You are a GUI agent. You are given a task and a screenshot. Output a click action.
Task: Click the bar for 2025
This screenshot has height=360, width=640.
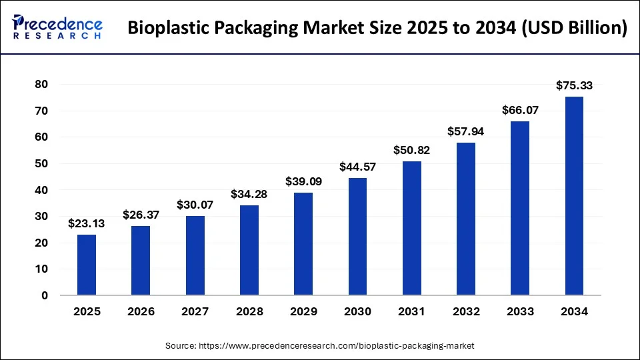(87, 265)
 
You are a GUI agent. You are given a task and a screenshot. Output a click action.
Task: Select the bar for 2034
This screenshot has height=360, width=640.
(574, 196)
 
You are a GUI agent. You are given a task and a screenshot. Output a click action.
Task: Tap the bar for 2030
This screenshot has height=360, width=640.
(357, 237)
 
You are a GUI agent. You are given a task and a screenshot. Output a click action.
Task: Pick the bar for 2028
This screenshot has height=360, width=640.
(249, 250)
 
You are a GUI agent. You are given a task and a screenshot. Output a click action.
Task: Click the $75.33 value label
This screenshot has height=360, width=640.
(574, 85)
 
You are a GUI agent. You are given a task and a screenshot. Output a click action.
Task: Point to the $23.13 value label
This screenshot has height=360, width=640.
(87, 223)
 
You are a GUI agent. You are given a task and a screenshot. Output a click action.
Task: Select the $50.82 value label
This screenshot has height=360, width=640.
(411, 150)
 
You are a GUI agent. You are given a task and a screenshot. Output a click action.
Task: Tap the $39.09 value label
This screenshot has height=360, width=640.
(303, 181)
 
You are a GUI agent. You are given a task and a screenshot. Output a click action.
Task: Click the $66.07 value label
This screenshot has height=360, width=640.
(520, 110)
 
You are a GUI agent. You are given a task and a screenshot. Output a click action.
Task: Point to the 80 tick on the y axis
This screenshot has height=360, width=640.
(41, 85)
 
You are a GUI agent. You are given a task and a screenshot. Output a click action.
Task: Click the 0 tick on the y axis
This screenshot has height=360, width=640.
(45, 295)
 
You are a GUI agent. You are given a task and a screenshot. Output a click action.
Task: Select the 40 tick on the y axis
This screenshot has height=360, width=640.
(41, 190)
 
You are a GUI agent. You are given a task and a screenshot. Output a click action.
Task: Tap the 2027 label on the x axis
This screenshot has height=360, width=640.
(195, 311)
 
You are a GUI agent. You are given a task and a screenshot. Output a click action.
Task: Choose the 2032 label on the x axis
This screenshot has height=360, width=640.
(465, 311)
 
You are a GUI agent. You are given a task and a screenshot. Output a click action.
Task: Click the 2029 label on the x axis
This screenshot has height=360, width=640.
(303, 311)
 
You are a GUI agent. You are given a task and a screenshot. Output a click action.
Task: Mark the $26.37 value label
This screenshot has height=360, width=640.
(141, 215)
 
